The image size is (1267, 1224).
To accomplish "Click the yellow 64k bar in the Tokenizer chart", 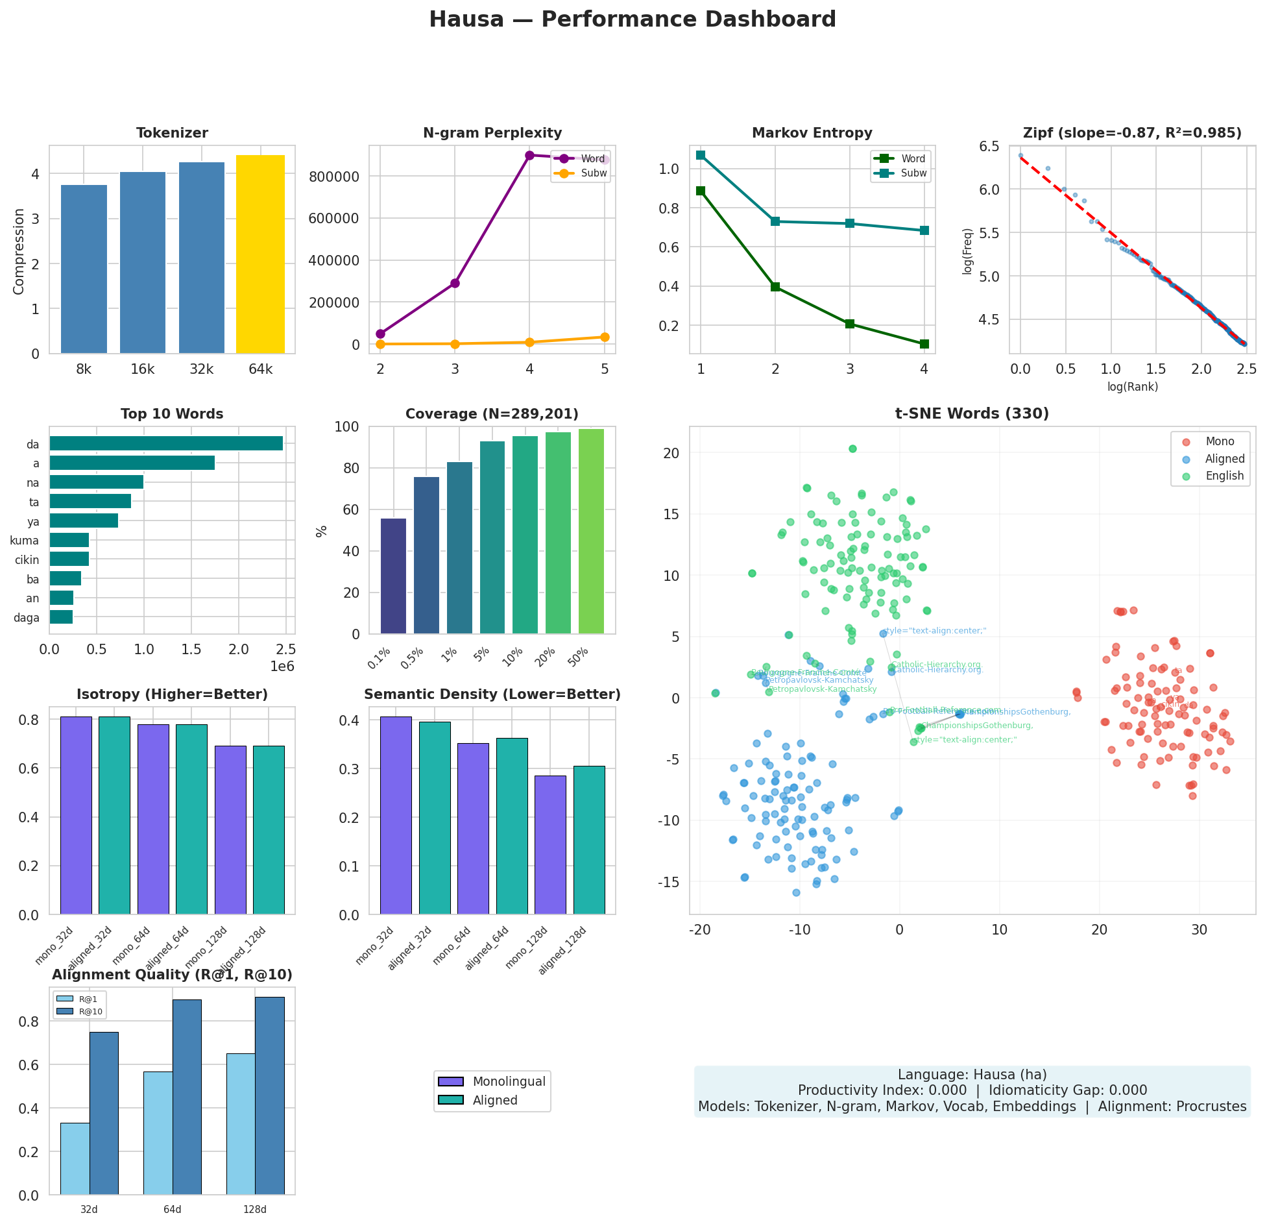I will tap(260, 254).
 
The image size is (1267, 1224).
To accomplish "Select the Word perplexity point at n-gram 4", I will tap(529, 155).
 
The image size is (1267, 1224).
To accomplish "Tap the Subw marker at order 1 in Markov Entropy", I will tap(700, 155).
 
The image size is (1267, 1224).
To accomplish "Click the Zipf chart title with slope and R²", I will tap(1131, 133).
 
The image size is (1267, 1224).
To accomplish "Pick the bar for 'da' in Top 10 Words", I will tap(166, 444).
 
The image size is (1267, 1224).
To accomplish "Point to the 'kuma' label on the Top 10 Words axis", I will tap(25, 541).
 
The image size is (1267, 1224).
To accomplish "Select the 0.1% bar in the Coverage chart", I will tap(393, 576).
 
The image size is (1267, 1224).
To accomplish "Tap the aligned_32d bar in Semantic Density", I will tap(435, 818).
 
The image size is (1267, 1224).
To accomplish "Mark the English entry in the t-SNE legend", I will tap(1224, 476).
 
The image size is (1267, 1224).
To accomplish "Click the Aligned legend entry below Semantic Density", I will tap(494, 1100).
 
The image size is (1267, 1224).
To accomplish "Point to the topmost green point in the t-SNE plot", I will tap(852, 448).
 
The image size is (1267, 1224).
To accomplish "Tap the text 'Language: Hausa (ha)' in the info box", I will tap(972, 1074).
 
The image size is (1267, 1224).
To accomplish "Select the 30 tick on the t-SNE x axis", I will tap(1199, 929).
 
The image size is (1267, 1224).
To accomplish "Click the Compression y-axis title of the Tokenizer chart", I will tap(19, 251).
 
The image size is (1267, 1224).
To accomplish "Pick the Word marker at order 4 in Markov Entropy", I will tap(924, 344).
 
